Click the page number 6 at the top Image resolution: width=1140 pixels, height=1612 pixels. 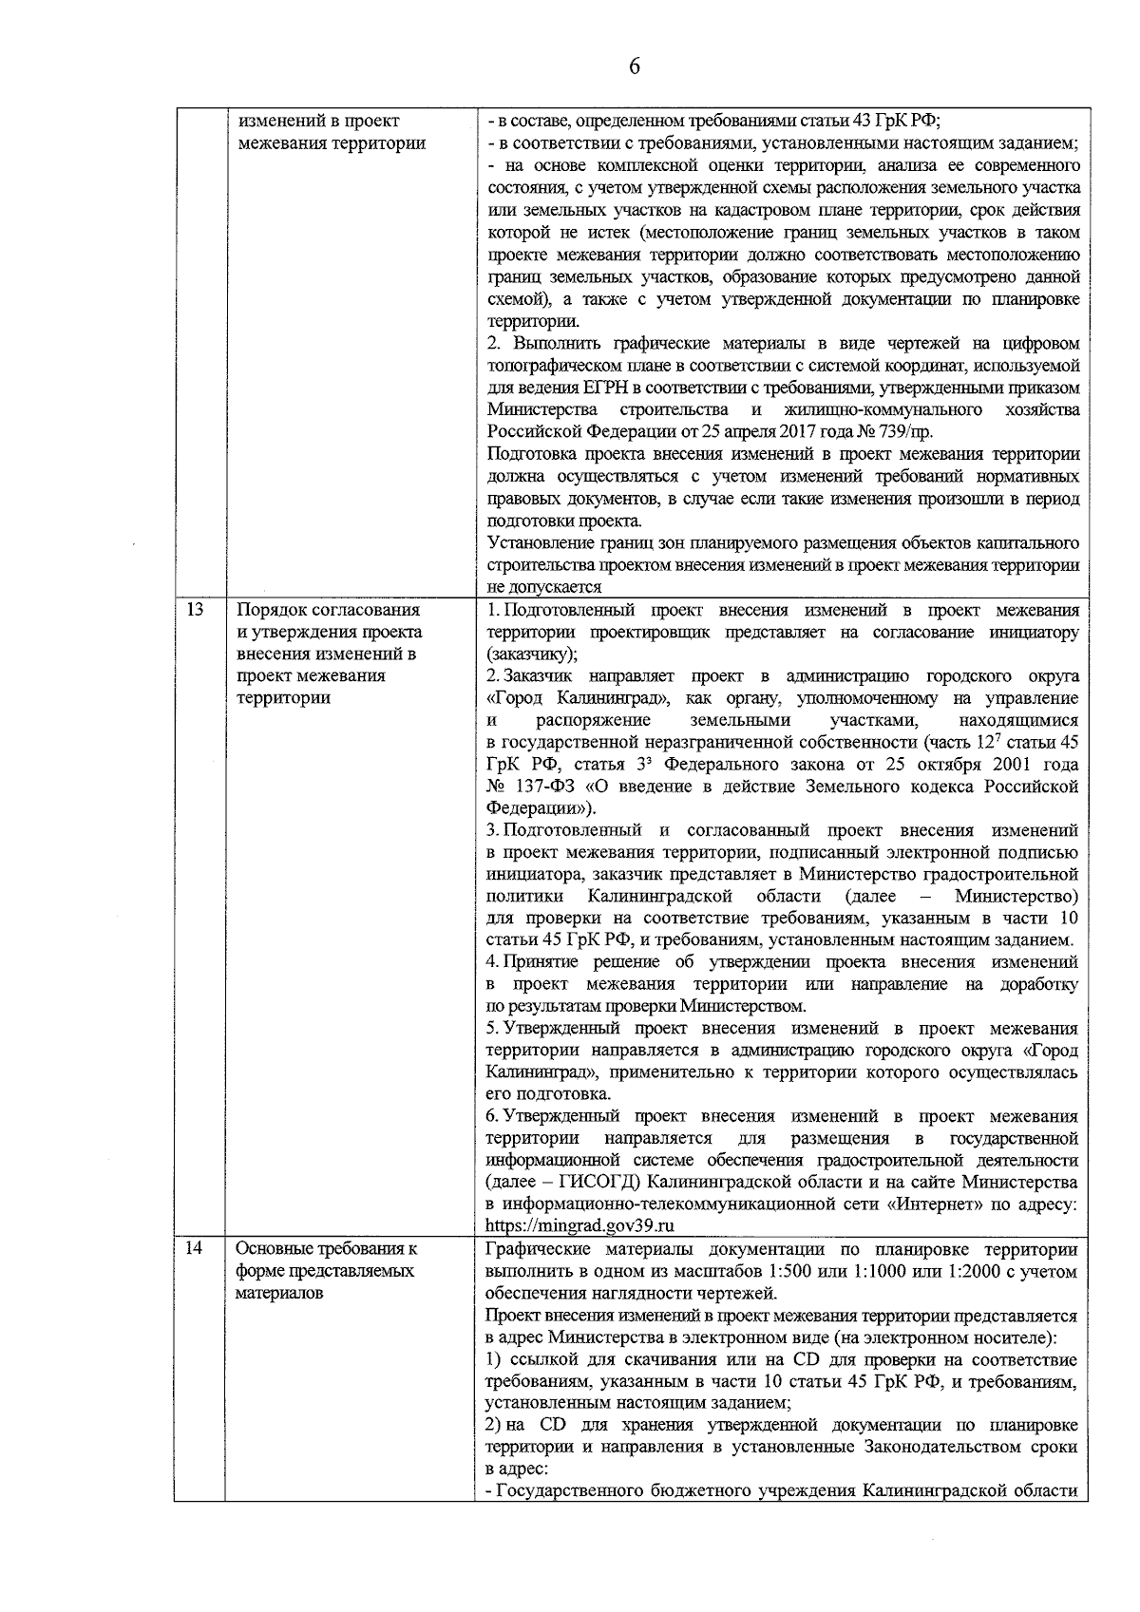pos(635,66)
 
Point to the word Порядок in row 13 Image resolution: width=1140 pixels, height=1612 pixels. pos(268,610)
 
